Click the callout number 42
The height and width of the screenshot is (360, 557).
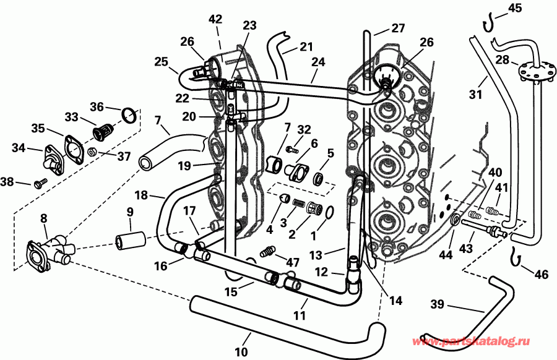click(215, 19)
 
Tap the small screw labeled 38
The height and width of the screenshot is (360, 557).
click(41, 184)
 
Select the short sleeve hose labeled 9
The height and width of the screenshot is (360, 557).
click(130, 238)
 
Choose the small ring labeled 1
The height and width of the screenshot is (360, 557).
click(329, 213)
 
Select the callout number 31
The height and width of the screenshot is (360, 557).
click(475, 94)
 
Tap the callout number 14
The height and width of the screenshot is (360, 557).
click(395, 301)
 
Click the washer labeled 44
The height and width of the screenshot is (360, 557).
click(455, 221)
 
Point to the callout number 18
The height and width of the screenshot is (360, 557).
click(141, 195)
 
